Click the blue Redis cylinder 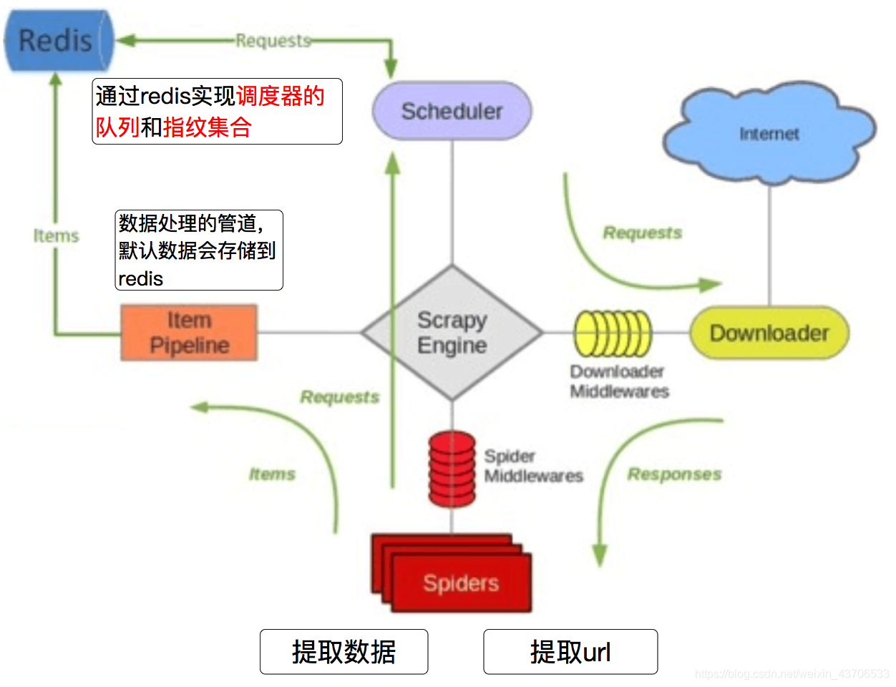(57, 41)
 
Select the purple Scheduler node (452, 111)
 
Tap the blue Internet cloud (769, 134)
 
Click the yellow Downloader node (769, 333)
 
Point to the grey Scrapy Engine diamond (452, 333)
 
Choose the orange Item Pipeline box (189, 333)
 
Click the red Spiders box (460, 583)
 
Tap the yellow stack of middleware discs (613, 333)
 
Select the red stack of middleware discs (452, 469)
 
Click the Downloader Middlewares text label (619, 381)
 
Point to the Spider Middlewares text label (533, 466)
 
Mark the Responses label (674, 474)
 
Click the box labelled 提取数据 (344, 652)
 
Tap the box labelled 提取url (570, 652)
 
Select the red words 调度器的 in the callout (281, 96)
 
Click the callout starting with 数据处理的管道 (199, 250)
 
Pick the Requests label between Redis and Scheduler (273, 41)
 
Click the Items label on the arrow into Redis (56, 235)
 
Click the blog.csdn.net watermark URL (792, 674)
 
